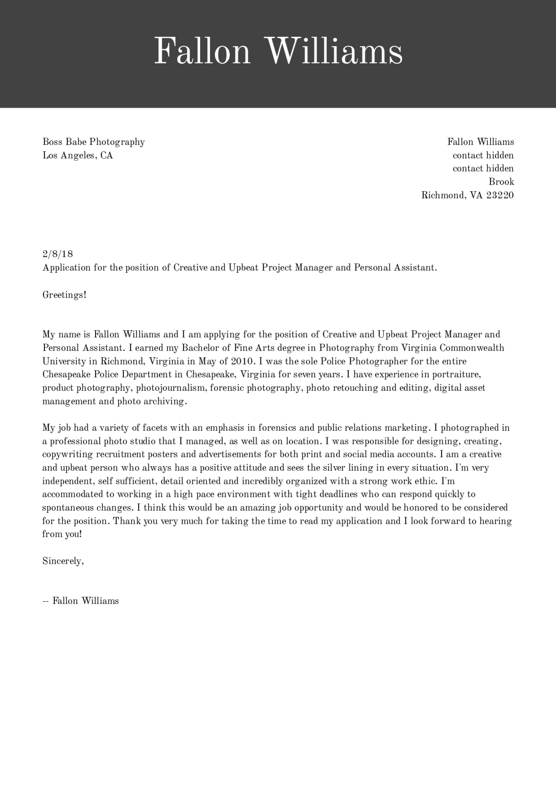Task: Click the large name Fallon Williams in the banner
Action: (278, 52)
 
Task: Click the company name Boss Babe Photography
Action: (93, 142)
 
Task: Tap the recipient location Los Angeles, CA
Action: (78, 156)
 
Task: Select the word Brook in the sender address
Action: (501, 182)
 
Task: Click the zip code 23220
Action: (500, 195)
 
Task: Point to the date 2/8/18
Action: (57, 254)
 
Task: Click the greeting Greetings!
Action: (64, 295)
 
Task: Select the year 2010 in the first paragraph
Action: (242, 361)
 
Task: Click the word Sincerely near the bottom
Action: (62, 561)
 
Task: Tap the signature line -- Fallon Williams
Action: (81, 601)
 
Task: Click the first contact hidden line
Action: (483, 155)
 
